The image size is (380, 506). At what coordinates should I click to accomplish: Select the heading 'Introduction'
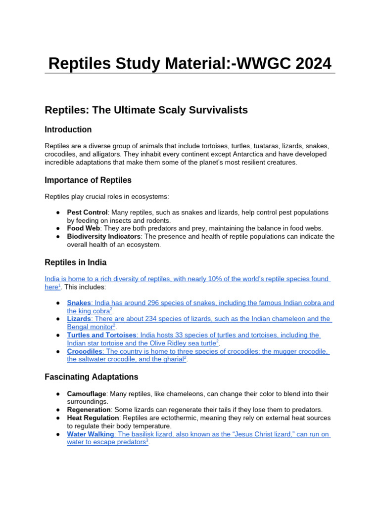68,129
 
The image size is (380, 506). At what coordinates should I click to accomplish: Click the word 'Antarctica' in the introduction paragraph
238,154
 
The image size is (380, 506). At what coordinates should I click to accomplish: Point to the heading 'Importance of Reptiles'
88,180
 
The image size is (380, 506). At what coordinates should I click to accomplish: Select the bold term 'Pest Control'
87,212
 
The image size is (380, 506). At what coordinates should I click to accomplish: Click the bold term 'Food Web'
83,228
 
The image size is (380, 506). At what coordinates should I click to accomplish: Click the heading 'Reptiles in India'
75,262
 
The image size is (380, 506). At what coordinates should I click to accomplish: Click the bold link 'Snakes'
79,303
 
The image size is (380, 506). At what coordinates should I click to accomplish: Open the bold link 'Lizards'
79,319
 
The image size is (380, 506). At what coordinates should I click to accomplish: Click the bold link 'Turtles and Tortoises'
101,336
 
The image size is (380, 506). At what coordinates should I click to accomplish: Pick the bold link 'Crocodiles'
85,352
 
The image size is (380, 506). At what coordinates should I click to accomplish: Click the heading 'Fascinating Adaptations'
91,377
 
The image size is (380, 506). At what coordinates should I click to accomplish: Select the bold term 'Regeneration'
89,410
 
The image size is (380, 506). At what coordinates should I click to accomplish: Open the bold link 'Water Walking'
91,434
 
